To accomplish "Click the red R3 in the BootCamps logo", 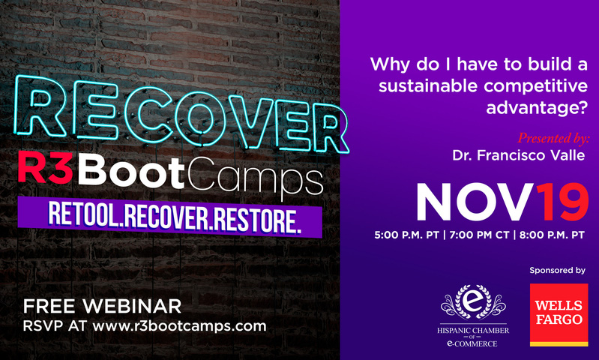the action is (46, 169).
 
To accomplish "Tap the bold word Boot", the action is (131, 172).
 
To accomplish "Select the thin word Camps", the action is (255, 176).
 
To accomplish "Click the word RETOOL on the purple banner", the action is (83, 214).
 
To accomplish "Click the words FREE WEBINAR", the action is (102, 307).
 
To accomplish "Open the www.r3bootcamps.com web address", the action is (179, 326).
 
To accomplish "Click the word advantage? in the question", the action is (536, 108).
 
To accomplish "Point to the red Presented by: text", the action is (553, 137).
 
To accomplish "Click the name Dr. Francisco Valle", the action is (518, 155).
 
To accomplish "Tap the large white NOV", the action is (475, 202).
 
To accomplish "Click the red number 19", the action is (562, 202).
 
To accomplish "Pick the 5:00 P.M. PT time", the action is (407, 235).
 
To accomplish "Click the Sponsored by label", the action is (557, 271).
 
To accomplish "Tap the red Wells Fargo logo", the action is (559, 315).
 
